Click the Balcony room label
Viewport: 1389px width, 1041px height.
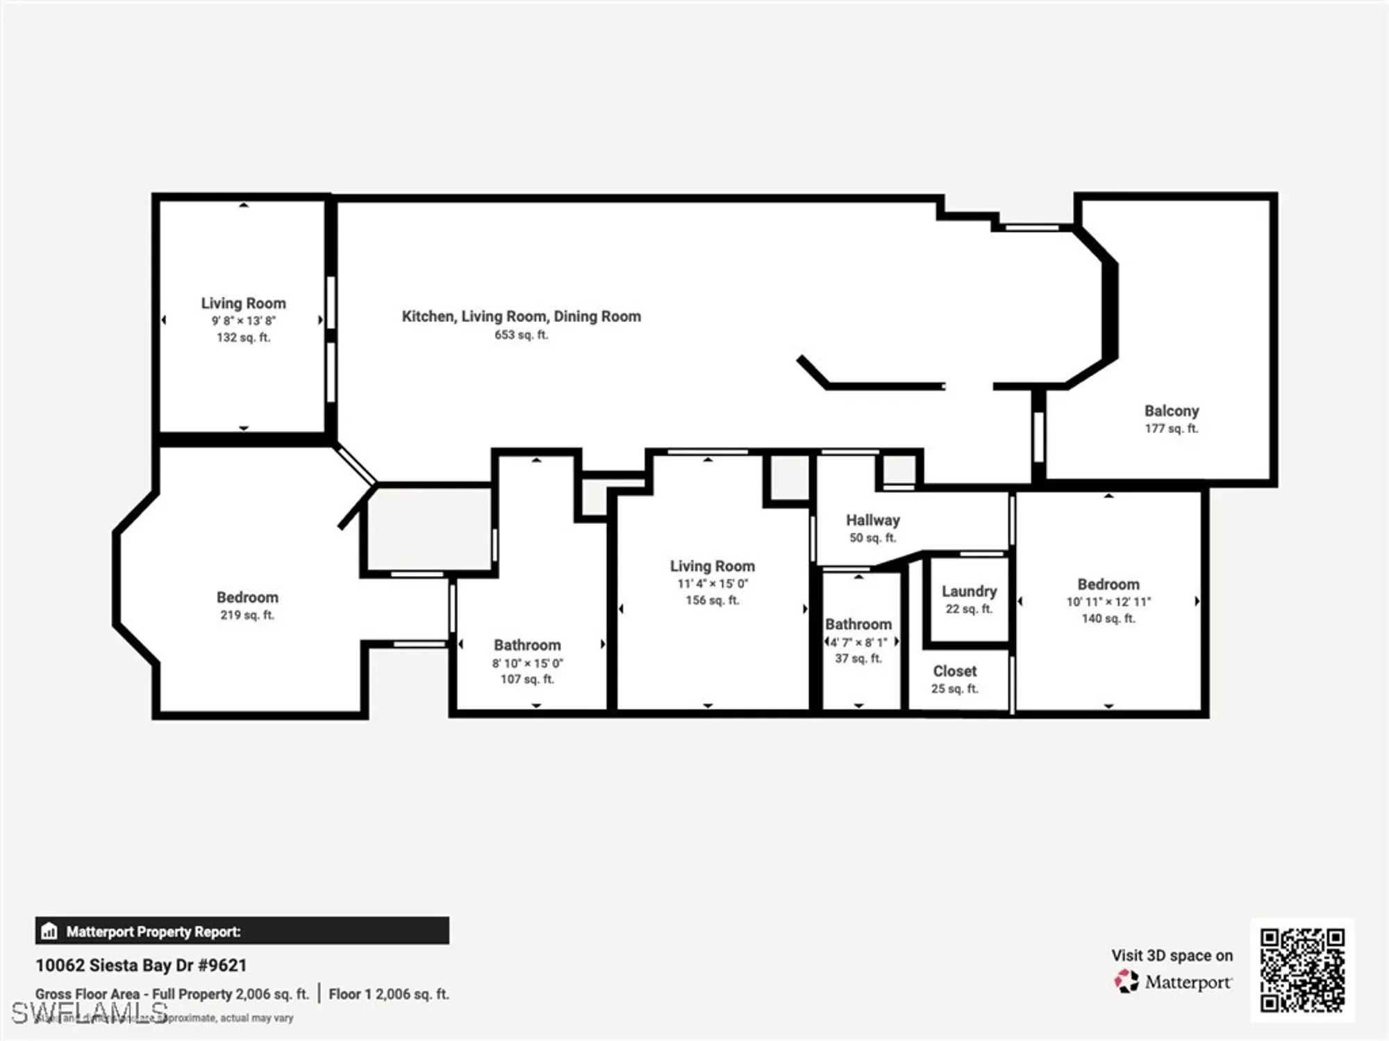[1172, 411]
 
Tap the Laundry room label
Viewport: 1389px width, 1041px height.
[969, 591]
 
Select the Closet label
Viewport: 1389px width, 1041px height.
[954, 671]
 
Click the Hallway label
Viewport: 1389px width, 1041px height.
[872, 520]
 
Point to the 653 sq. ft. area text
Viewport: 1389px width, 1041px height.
[521, 335]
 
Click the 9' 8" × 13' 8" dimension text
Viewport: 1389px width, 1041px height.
[243, 321]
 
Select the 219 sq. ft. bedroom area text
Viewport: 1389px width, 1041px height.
[247, 615]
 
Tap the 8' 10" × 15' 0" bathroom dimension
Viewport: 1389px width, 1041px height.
[527, 663]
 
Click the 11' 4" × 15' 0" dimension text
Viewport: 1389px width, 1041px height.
[712, 584]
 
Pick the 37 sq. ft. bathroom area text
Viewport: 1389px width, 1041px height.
[858, 658]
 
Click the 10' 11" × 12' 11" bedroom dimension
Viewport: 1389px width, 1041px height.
[1108, 602]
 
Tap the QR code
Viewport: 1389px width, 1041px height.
[1302, 970]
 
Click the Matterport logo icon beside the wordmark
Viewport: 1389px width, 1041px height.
[1126, 981]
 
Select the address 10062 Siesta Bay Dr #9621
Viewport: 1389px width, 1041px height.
[141, 965]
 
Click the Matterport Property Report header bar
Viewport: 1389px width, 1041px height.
[242, 931]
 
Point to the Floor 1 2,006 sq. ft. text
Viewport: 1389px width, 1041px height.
[389, 994]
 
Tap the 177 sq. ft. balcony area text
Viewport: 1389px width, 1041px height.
[1172, 429]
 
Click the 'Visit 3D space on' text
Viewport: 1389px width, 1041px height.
[1172, 956]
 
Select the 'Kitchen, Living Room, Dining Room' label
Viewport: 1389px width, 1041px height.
[521, 316]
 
